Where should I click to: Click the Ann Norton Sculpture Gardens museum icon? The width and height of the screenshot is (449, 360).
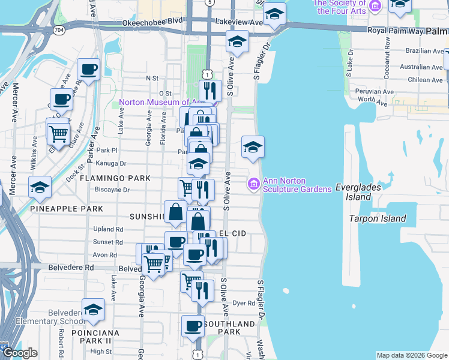pos(254,183)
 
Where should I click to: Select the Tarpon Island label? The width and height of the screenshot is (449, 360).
pos(378,218)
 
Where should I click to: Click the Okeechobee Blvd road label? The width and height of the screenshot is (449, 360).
pos(143,21)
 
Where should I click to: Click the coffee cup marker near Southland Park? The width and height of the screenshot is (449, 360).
pos(193,326)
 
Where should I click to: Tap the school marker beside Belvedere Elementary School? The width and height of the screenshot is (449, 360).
pos(93,310)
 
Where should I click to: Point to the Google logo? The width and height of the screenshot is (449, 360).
pos(19,353)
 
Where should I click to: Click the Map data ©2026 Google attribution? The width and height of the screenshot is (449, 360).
pos(411,355)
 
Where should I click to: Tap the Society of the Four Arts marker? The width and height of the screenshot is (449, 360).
pos(375,6)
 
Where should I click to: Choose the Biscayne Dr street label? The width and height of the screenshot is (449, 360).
pos(112,190)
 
